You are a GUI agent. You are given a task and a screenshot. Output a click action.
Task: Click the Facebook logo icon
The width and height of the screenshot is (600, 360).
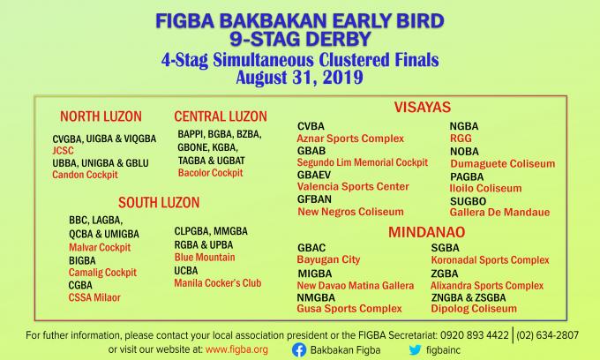299,350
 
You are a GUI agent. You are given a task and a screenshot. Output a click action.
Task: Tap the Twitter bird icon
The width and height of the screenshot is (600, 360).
415,349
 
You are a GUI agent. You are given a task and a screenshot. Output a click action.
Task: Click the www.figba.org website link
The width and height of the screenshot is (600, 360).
236,349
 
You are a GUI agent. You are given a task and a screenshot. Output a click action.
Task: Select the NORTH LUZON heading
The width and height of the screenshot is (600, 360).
101,116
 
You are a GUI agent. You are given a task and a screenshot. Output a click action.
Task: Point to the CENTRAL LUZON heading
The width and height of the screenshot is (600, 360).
221,116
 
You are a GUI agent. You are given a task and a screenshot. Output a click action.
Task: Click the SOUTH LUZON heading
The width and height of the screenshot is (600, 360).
159,202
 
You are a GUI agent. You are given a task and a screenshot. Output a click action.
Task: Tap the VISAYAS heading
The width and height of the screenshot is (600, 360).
423,107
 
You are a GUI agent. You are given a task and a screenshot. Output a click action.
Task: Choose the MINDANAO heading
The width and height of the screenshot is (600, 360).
427,232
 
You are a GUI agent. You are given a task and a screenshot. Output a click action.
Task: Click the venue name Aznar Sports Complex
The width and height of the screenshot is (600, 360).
350,139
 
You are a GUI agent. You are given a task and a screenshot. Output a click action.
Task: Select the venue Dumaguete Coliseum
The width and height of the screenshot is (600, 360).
503,164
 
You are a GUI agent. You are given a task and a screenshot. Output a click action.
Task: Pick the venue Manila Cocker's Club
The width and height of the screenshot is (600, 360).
218,283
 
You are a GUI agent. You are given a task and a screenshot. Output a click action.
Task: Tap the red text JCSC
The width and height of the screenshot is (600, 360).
64,150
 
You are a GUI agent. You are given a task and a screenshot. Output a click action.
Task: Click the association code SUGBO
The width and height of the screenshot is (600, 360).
468,201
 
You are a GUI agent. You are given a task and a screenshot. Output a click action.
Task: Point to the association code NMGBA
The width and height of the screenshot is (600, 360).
316,297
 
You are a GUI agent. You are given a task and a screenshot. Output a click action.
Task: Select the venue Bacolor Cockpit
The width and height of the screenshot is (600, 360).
211,173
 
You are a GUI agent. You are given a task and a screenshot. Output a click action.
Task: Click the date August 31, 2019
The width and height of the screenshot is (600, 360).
300,78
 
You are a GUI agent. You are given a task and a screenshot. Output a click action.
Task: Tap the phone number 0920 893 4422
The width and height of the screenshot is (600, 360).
475,335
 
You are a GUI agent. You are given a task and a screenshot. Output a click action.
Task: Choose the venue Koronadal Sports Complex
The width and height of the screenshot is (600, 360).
491,260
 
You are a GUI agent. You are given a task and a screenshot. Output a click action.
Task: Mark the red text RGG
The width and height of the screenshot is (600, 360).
461,139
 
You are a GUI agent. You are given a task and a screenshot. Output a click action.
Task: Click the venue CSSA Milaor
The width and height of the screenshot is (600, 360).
94,297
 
